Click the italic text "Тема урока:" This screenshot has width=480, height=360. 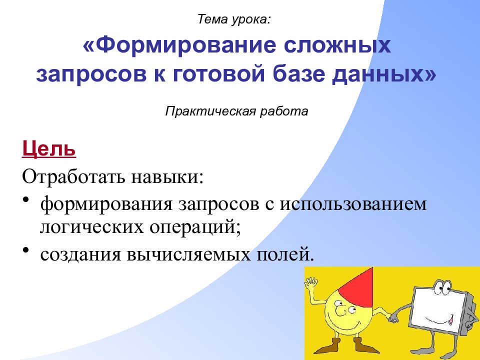[234, 19]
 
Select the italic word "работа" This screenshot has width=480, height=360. [284, 111]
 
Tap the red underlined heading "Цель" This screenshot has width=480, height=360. [49, 149]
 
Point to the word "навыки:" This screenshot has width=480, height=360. [167, 176]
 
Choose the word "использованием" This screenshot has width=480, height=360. [353, 203]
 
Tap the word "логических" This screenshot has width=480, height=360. [92, 227]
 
